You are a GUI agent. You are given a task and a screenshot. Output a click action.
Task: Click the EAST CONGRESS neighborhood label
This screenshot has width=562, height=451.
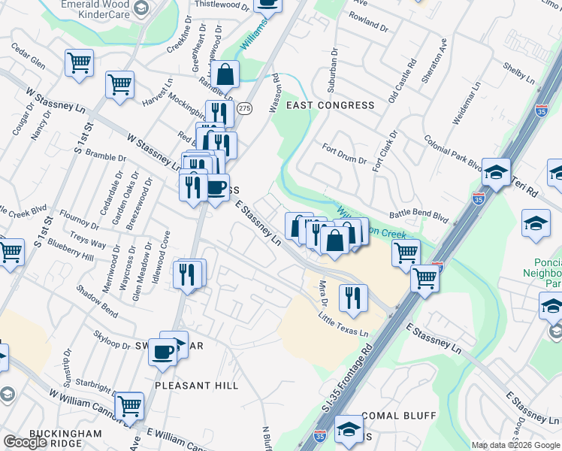click(x=330, y=105)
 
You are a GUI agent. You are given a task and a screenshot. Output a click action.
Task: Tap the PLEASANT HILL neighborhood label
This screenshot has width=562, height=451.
click(x=196, y=385)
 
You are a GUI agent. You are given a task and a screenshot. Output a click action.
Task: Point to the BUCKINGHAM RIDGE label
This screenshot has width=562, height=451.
click(x=65, y=440)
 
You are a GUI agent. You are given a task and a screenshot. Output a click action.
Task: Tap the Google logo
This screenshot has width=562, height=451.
click(x=25, y=443)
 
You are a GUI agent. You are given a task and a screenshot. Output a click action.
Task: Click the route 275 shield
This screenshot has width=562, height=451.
click(x=245, y=108)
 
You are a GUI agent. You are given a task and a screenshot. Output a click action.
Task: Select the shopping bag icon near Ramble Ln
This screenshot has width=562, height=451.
click(x=225, y=74)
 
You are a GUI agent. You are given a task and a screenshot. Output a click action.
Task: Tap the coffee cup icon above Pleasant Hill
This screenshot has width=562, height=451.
click(x=162, y=350)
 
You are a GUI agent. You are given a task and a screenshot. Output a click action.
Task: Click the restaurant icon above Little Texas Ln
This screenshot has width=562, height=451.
click(x=352, y=298)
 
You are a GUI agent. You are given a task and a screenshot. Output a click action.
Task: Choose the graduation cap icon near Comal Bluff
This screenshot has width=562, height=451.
click(x=349, y=428)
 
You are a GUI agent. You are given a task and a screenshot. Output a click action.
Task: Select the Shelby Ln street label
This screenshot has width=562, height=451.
click(x=519, y=77)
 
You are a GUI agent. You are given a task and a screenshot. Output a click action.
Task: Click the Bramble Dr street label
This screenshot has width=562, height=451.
click(x=106, y=158)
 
